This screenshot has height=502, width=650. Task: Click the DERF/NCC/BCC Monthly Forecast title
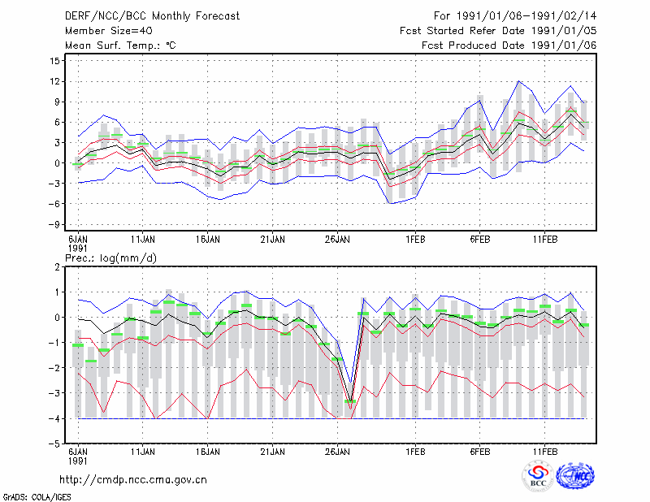pos(152,16)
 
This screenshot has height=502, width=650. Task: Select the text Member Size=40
pos(109,31)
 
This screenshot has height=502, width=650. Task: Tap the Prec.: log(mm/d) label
pos(110,258)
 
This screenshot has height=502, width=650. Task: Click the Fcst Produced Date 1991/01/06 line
pos(509,45)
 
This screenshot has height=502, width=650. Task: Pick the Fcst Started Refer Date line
pos(498,31)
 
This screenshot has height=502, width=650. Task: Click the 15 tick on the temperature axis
pos(55,61)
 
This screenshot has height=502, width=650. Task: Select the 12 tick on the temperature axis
pos(55,82)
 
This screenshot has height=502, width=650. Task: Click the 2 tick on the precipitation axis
pos(57,267)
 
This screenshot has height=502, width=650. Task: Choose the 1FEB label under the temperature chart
pos(415,240)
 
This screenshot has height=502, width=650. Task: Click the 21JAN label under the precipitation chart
pos(273,452)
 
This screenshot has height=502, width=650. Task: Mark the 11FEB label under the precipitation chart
pos(545,452)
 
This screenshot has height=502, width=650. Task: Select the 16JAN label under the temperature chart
pos(208,240)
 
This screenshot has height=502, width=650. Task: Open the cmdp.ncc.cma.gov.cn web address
pos(133,480)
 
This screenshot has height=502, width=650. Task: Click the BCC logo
pos(538,476)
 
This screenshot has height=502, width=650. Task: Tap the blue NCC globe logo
pos(575,476)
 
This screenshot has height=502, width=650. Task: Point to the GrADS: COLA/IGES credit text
pos(37,497)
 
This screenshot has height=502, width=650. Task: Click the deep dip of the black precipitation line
pos(351,400)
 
